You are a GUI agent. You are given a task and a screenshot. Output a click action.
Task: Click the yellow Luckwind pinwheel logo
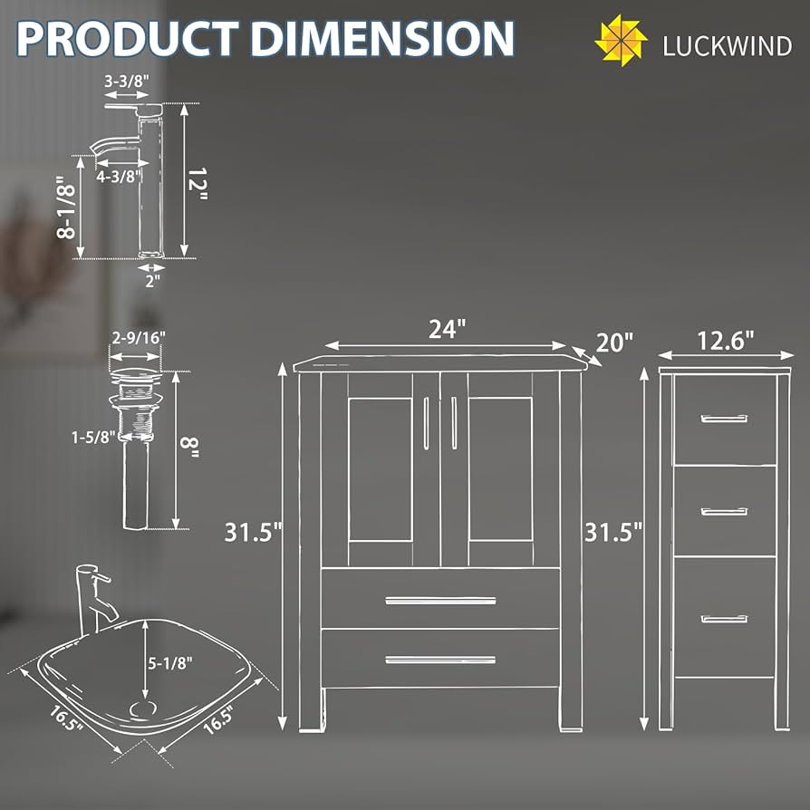point(621,41)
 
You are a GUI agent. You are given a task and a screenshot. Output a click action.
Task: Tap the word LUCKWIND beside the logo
point(727,46)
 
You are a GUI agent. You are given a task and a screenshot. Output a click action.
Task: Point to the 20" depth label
point(614,343)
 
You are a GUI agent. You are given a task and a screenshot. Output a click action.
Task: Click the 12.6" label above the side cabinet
point(725,342)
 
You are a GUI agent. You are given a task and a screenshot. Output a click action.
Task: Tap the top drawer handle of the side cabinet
point(724,419)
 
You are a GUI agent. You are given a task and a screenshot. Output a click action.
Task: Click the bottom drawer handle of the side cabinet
point(724,619)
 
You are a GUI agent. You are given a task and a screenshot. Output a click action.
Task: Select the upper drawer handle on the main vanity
point(440,600)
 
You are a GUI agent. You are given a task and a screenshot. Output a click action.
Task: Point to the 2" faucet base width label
point(151,280)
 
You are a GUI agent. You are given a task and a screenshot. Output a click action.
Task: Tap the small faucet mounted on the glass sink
point(93,598)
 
